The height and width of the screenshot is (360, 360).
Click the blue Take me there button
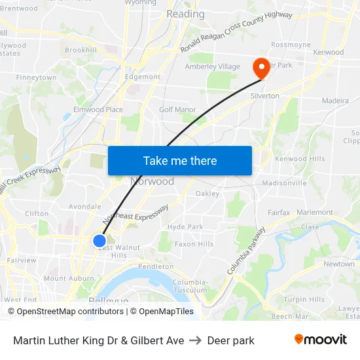click(180, 161)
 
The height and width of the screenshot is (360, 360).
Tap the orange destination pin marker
click(261, 68)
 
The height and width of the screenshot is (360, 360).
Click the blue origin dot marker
click(99, 241)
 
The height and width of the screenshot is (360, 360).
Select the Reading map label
click(185, 14)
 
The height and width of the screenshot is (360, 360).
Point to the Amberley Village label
click(213, 67)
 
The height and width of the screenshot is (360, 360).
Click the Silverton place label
click(264, 96)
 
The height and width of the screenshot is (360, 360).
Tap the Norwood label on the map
click(153, 181)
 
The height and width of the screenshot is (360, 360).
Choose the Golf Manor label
click(177, 109)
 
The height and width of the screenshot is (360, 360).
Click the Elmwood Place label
click(98, 109)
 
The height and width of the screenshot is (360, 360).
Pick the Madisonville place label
click(284, 183)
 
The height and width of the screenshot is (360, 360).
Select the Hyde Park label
click(185, 226)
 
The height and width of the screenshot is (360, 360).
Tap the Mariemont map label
click(314, 212)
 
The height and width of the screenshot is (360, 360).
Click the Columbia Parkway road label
click(246, 251)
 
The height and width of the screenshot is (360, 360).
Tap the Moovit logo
click(320, 340)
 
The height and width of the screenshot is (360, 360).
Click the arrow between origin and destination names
click(196, 340)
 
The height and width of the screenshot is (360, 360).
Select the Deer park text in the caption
click(230, 340)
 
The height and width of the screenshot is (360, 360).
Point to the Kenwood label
click(328, 52)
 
